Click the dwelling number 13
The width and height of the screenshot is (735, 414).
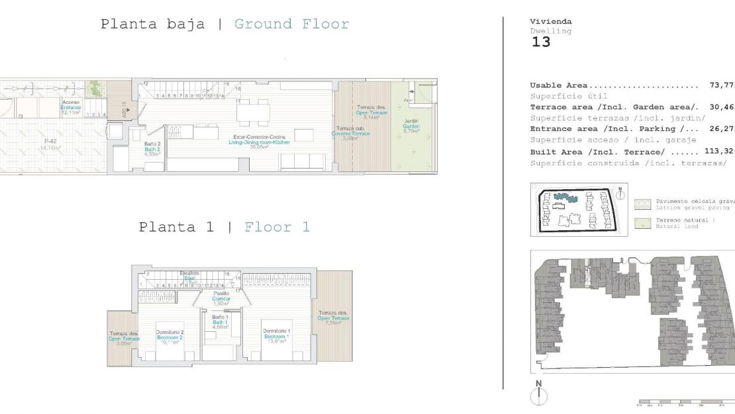[540, 42]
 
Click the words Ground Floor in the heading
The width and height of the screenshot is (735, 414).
[291, 24]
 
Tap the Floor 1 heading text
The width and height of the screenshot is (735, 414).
[277, 228]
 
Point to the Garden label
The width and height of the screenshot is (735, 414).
[412, 126]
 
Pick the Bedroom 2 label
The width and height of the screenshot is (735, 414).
[169, 338]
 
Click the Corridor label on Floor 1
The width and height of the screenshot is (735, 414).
[221, 298]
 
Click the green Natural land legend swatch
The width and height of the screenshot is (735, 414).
[642, 223]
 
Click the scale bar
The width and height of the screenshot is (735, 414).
[682, 401]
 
